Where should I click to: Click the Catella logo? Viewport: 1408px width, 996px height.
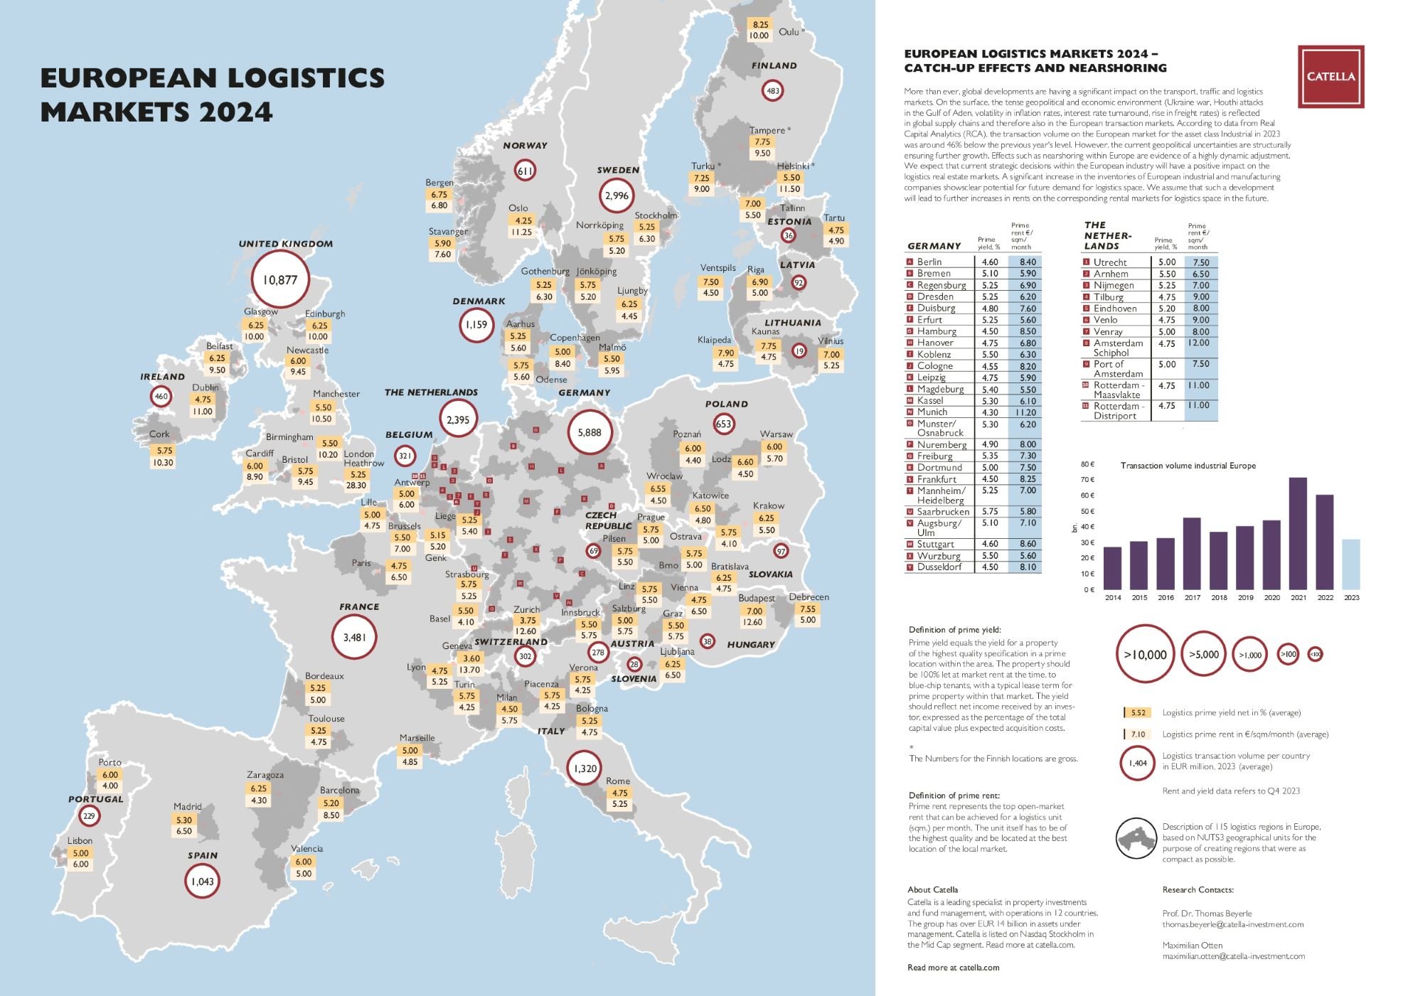coord(1330,77)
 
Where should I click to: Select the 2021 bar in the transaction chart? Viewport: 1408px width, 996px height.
coord(1298,533)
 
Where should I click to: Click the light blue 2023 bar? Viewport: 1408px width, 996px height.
coord(1350,564)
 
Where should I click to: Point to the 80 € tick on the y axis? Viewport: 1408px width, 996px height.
coord(1087,464)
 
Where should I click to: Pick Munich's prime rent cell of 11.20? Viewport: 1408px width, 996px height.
coord(1025,412)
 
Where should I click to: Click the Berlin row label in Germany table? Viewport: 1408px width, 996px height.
coord(929,262)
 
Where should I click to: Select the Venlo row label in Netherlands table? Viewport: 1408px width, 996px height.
coord(1105,320)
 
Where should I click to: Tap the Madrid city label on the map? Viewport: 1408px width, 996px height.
coord(188,806)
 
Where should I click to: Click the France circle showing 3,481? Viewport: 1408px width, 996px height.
coord(354,637)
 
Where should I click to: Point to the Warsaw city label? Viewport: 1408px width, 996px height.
coord(776,434)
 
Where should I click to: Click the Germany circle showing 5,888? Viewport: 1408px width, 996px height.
coord(590,432)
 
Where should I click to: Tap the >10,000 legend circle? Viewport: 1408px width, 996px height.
coord(1145,655)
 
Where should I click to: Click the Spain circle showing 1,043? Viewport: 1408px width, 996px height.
coord(203,882)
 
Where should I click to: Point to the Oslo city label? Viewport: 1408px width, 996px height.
coord(518,208)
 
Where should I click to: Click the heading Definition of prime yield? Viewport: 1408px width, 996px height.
coord(954,630)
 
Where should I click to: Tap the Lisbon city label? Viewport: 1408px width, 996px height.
coord(80,840)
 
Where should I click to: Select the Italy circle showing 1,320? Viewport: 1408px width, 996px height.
coord(585,768)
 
